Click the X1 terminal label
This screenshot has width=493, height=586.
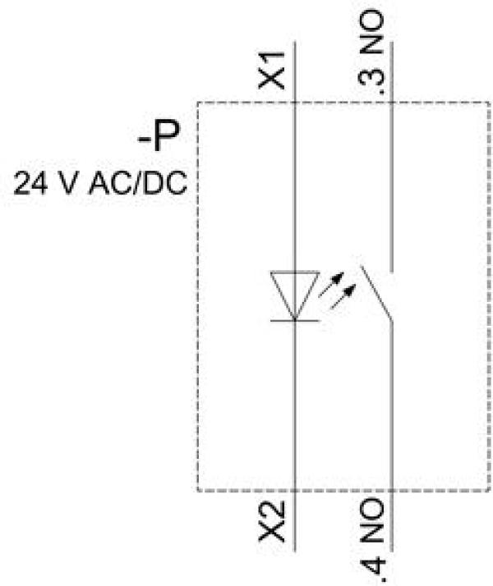click(272, 71)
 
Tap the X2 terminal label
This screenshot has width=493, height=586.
click(272, 521)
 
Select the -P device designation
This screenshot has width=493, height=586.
click(159, 135)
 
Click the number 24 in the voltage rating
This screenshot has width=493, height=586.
click(31, 184)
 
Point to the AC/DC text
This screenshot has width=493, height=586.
click(137, 184)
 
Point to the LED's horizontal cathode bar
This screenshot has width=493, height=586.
click(295, 320)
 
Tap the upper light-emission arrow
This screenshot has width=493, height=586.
click(330, 285)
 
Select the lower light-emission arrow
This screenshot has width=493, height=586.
click(343, 297)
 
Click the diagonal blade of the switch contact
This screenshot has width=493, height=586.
click(376, 293)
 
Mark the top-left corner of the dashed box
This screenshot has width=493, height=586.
click(198, 102)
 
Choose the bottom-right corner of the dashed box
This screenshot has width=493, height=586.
click(489, 490)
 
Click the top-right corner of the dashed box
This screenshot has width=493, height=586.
click(489, 102)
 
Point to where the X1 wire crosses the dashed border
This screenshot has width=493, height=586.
click(295, 102)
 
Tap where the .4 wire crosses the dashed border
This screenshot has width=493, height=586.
click(392, 490)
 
